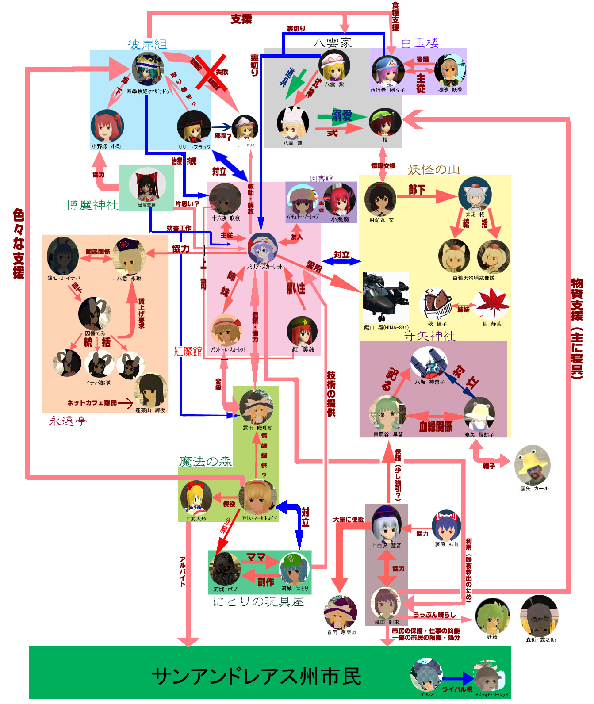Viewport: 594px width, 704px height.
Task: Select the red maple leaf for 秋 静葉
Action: [x=492, y=303]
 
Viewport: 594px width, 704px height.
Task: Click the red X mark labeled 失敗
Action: [x=211, y=73]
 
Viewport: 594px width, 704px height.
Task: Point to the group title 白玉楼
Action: [x=420, y=43]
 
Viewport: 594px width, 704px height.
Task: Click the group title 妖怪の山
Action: [x=433, y=169]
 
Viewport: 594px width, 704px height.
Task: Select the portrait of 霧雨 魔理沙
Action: [x=257, y=407]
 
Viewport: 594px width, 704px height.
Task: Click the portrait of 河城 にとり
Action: [x=295, y=569]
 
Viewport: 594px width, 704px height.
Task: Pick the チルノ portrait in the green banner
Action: [x=425, y=674]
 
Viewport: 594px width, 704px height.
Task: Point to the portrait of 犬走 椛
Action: [x=475, y=194]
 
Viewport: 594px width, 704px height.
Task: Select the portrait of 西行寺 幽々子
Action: [x=387, y=71]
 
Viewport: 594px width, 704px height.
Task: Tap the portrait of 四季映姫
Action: [x=148, y=69]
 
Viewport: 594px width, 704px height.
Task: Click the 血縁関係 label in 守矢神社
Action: [x=436, y=426]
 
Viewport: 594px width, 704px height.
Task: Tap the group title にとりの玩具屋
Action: [x=258, y=602]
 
